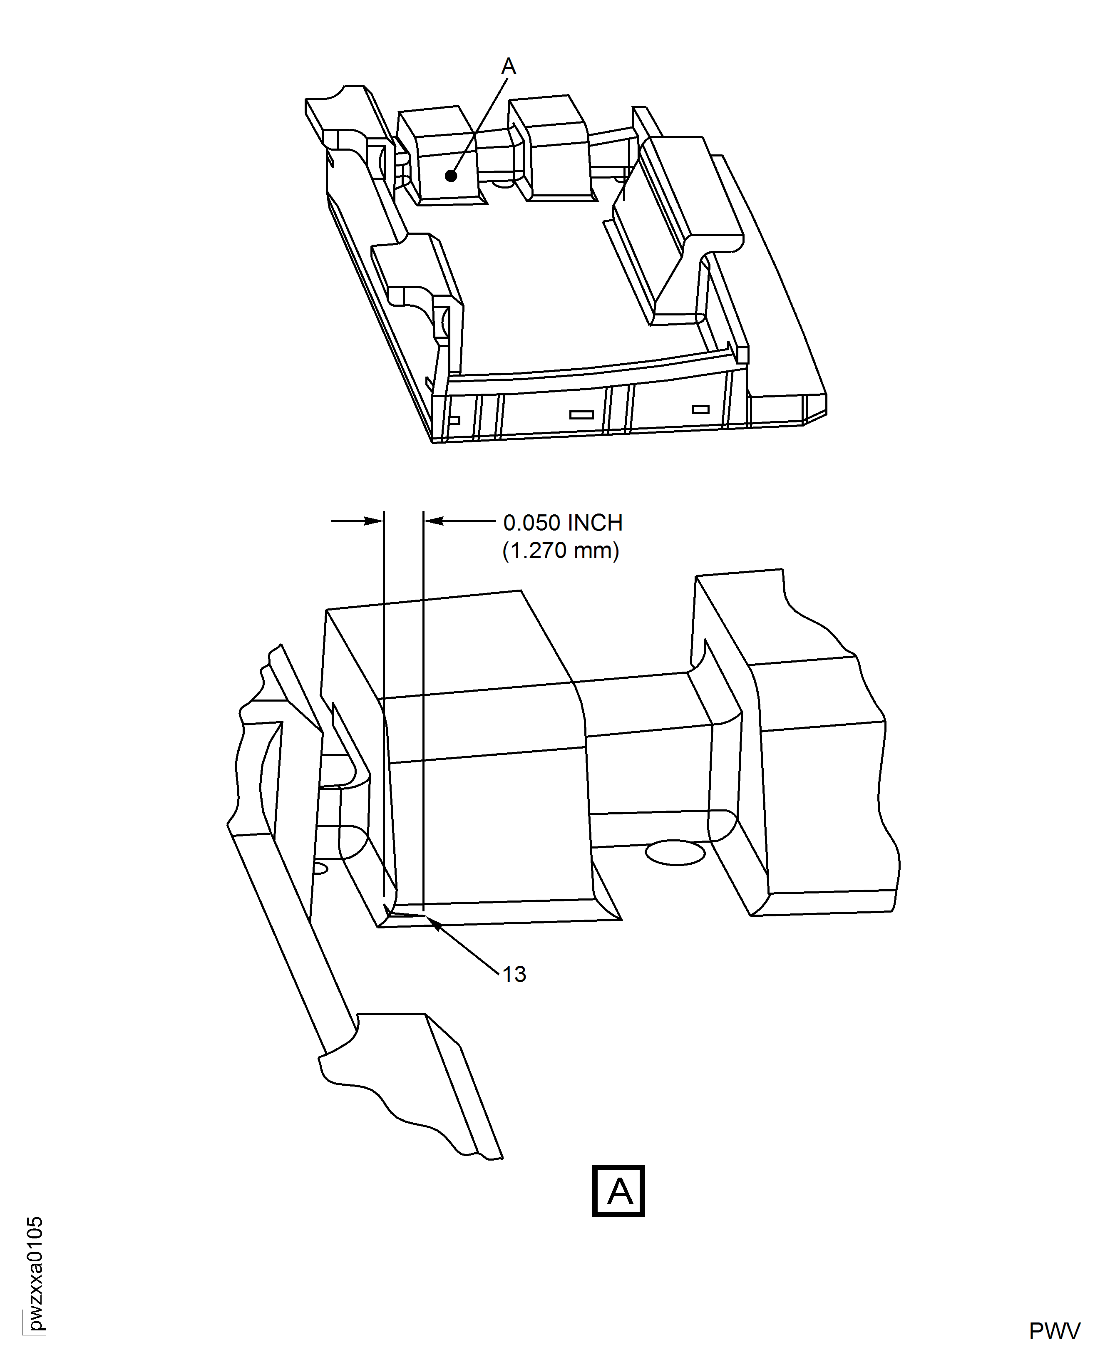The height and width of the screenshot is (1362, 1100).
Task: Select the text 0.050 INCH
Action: point(563,523)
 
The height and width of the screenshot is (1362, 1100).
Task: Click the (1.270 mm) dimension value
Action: point(560,551)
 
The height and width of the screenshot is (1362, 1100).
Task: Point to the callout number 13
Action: point(514,974)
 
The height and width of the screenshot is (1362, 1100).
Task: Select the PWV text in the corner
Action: point(1054,1330)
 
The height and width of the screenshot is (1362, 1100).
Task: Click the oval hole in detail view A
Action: point(675,853)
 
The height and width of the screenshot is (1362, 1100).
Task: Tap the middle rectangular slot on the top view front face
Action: point(581,415)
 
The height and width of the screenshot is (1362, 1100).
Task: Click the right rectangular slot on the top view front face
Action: point(700,409)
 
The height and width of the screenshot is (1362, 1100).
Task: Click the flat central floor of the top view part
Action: point(539,285)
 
